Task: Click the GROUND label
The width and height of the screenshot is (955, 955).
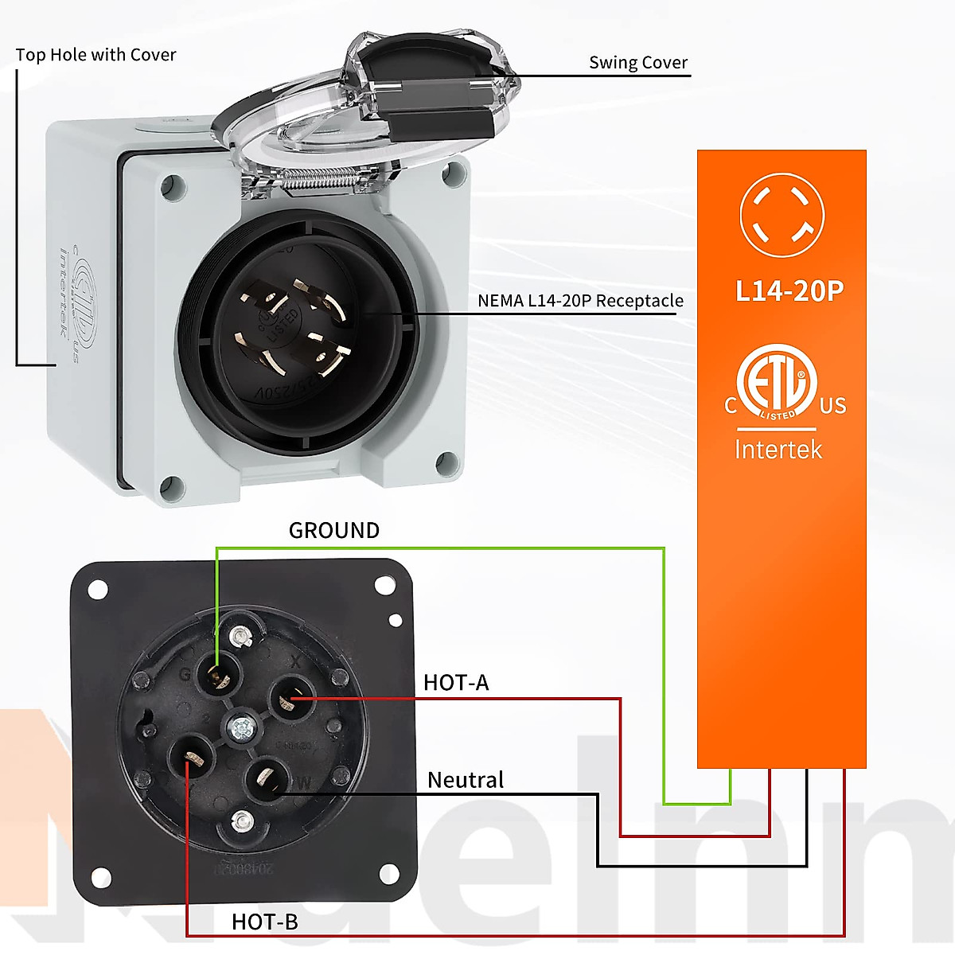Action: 333,531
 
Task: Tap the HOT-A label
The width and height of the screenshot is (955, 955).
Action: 455,683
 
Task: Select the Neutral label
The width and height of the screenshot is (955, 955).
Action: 466,780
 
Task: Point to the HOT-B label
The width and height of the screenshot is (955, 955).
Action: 264,922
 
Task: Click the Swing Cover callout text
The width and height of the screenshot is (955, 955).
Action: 637,63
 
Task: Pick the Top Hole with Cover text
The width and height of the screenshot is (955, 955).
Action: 95,55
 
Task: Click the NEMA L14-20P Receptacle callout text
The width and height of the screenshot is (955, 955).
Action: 580,301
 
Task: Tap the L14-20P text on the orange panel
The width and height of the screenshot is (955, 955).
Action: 789,290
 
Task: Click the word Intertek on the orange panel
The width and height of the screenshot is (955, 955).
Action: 778,450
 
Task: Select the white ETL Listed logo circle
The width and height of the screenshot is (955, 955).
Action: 777,383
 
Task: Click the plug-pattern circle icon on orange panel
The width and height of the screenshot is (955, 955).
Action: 782,216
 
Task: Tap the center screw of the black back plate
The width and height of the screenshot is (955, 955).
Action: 240,727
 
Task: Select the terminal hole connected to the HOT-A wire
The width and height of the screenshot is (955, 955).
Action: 290,699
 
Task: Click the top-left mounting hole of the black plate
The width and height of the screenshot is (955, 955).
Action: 98,591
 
